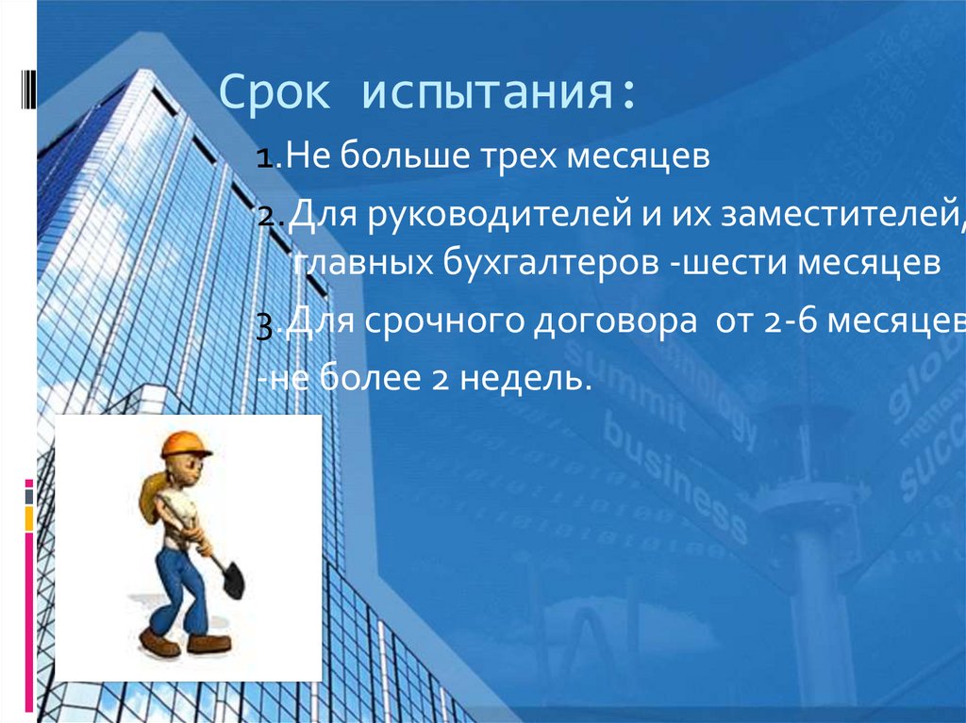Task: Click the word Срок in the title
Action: coord(276,96)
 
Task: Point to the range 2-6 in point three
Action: coord(792,322)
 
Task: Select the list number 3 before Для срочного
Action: coord(265,326)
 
